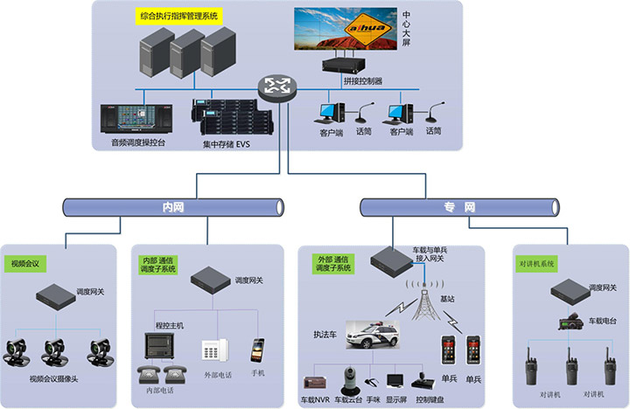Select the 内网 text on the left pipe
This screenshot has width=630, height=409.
pos(173,207)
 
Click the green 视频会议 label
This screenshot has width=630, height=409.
pos(28,262)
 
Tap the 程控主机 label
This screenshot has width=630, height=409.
pos(170,325)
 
